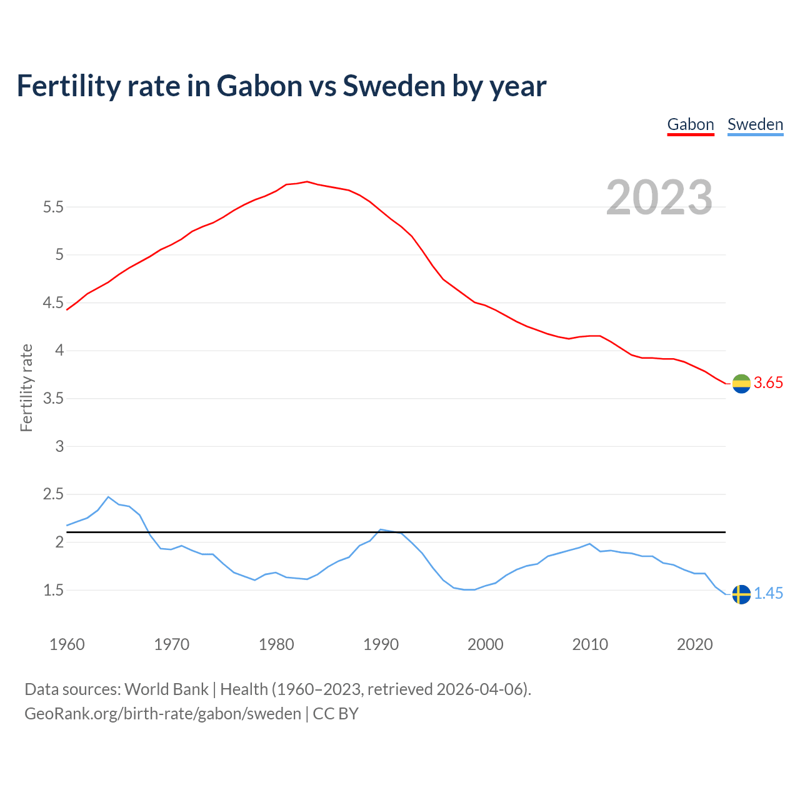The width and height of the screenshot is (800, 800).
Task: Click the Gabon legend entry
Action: [691, 124]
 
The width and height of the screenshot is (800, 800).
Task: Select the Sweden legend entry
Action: [755, 124]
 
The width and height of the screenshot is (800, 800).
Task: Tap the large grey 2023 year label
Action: [659, 197]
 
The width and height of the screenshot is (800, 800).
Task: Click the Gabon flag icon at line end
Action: [741, 384]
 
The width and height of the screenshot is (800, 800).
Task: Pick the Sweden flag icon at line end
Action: [741, 594]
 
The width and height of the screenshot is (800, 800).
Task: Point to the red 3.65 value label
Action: [768, 383]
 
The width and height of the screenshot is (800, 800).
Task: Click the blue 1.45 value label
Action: [768, 594]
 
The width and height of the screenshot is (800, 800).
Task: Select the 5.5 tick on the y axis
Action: [54, 207]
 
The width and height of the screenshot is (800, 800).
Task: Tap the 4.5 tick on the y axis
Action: [54, 303]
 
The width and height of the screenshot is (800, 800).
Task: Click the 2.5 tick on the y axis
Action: [54, 494]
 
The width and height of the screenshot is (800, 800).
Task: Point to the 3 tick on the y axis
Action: [60, 446]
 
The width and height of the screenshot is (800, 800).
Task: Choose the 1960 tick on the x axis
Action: [67, 644]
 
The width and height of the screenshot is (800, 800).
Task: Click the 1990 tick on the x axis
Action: [381, 644]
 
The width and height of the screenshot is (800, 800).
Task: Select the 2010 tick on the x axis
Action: [590, 644]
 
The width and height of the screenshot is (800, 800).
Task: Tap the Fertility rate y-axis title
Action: [26, 387]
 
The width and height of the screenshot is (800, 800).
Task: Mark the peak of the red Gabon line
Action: [307, 181]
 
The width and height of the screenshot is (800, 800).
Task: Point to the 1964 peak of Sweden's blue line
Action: [108, 497]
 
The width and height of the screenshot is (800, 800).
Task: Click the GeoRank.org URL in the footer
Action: [162, 714]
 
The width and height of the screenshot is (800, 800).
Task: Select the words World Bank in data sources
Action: [166, 689]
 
